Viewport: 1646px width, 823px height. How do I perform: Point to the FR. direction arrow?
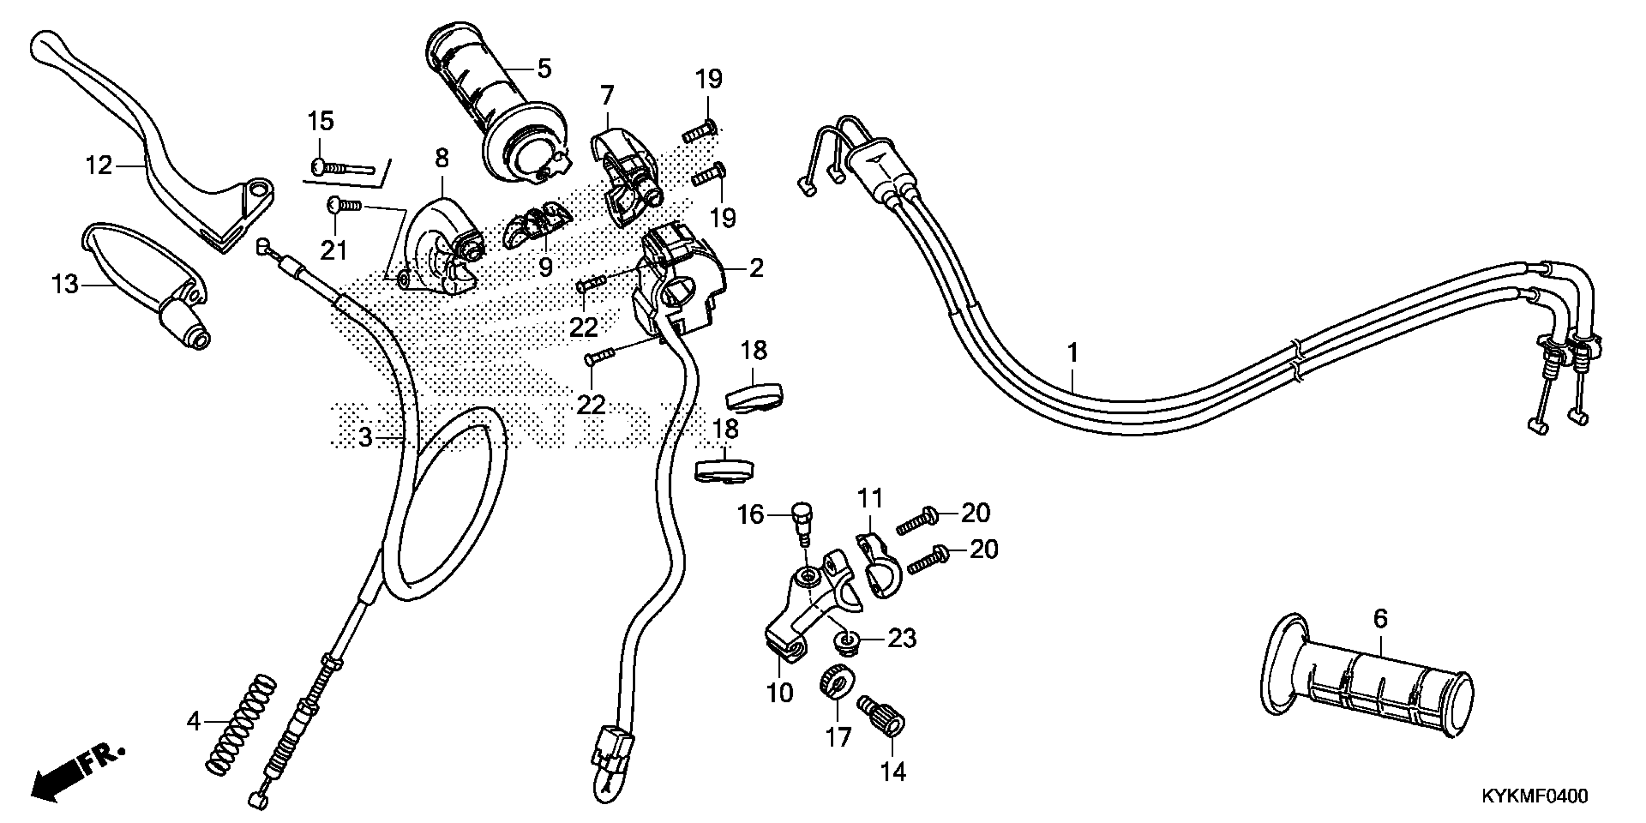click(x=76, y=777)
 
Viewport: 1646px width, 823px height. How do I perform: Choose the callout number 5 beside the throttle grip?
click(x=544, y=68)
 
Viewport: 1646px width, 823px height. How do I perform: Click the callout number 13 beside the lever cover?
click(x=64, y=284)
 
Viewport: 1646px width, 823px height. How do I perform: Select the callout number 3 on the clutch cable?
click(x=365, y=437)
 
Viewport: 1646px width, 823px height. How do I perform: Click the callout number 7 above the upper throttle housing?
click(x=607, y=96)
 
